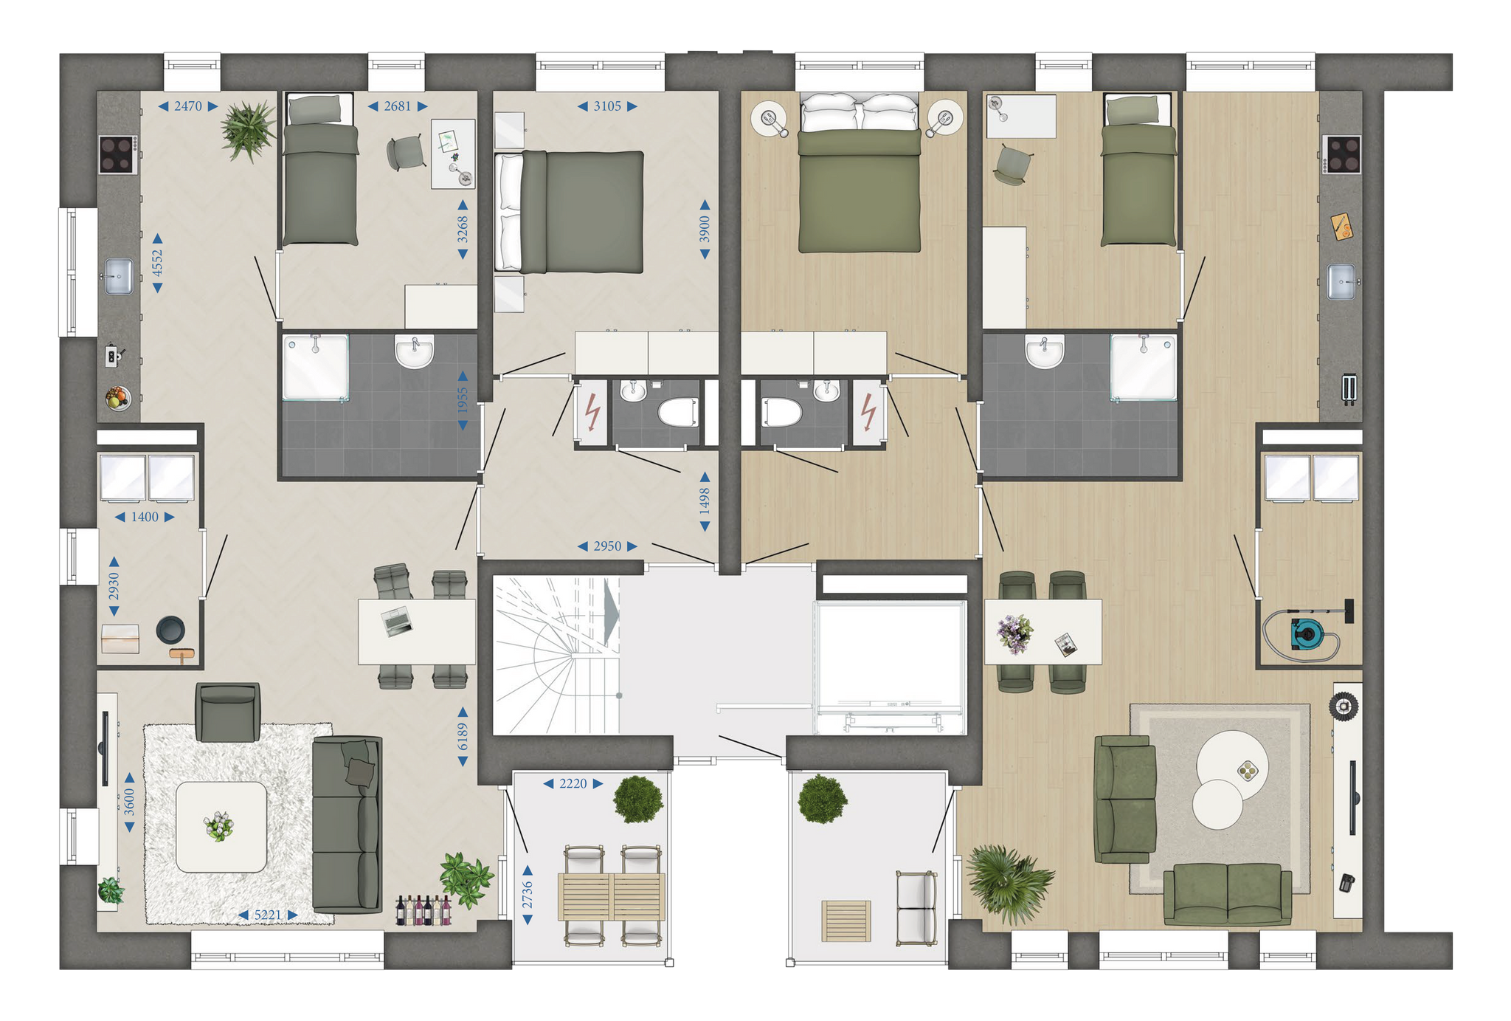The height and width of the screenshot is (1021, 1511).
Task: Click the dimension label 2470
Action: (188, 106)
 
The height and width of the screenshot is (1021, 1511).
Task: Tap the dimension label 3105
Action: (607, 106)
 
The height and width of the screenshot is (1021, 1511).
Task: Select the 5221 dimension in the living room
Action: (268, 915)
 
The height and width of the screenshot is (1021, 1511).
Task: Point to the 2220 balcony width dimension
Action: (573, 783)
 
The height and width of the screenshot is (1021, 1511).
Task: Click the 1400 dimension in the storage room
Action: (145, 517)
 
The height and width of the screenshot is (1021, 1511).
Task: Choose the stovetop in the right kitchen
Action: (1341, 155)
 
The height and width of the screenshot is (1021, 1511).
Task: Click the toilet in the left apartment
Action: (678, 413)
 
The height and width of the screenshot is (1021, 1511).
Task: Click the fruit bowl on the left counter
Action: (118, 398)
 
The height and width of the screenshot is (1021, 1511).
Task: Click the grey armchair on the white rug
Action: (228, 712)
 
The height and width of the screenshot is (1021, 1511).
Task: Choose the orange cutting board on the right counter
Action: (1342, 226)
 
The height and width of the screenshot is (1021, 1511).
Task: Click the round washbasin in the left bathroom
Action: (414, 351)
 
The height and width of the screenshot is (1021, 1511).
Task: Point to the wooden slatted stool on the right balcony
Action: (846, 921)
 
